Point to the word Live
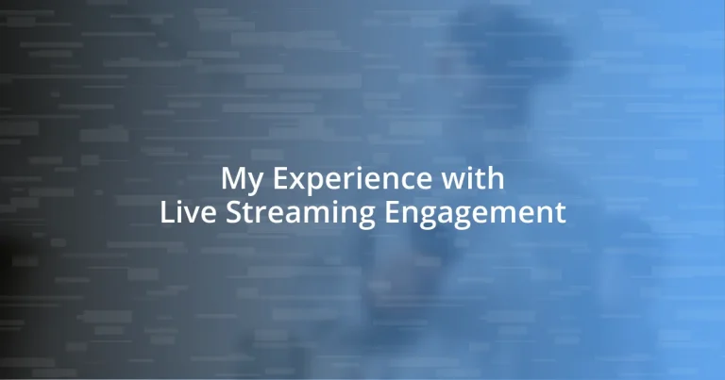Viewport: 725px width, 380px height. click(x=185, y=212)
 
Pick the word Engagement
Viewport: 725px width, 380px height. click(x=477, y=214)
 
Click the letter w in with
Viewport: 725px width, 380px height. click(x=459, y=180)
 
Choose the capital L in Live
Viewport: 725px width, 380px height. click(x=166, y=212)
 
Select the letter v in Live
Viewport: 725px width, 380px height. click(x=189, y=214)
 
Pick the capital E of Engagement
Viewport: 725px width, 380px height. click(x=395, y=212)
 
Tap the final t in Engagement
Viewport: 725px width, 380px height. click(x=561, y=213)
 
